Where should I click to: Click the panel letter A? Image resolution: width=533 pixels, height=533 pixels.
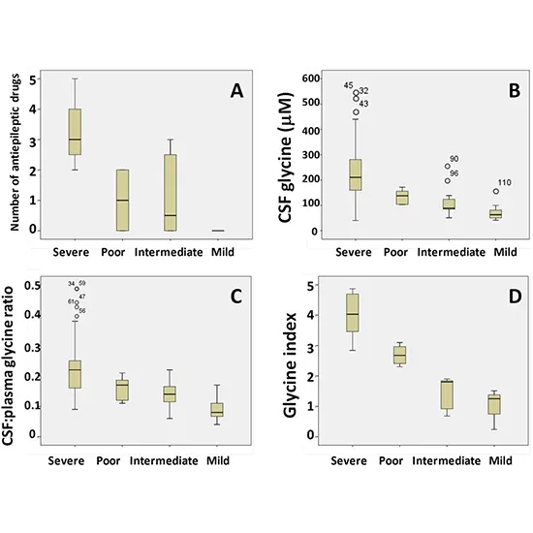(235, 91)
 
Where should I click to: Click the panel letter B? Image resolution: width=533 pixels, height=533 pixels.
(502, 91)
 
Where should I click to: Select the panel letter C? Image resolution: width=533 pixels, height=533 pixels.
(235, 298)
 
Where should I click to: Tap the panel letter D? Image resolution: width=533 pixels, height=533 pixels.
(502, 298)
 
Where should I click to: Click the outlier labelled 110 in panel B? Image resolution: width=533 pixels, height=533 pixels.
(496, 192)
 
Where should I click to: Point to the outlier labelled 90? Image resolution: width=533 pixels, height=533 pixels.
(448, 166)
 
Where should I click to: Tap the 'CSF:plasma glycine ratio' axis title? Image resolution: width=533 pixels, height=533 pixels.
(16, 359)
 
